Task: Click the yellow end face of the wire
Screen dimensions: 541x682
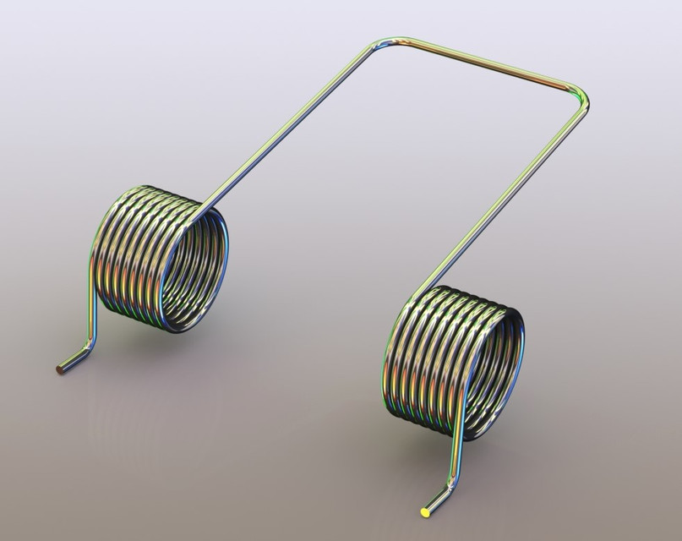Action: pyautogui.click(x=425, y=511)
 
